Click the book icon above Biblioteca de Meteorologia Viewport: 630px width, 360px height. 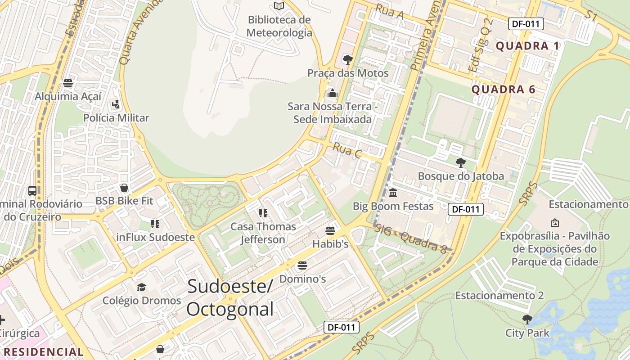coord(279,6)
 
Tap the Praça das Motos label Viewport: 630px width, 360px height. coord(348,73)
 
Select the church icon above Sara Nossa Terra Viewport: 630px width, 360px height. coord(333,93)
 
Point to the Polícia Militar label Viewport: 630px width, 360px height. coord(116,118)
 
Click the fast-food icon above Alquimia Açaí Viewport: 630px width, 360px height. coord(68,83)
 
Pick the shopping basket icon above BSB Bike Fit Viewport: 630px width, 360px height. coord(124,188)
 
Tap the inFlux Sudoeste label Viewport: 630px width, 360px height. coord(156,237)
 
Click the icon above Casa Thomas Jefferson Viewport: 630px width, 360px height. coord(263,213)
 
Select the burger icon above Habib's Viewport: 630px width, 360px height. coord(330,231)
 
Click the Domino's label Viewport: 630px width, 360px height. coord(302,279)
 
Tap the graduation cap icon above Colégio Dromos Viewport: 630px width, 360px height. coord(142,287)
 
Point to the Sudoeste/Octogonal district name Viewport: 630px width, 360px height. coord(230,297)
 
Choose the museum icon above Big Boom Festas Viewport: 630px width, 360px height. coord(393,193)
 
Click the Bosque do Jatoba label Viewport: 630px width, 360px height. coord(461,176)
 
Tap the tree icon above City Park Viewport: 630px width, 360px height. coord(527,319)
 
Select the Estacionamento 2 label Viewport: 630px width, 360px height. coord(499,296)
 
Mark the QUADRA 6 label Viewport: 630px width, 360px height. coord(504,90)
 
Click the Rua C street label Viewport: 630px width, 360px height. coord(347,151)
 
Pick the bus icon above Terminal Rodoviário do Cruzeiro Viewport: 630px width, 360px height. coord(32,190)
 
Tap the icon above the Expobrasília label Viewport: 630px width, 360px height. coord(555,222)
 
